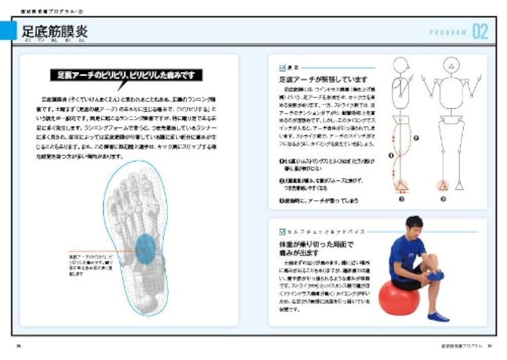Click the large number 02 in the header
[480, 32]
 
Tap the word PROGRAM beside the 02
[448, 32]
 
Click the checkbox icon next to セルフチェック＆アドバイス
[282, 232]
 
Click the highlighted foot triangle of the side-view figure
[401, 186]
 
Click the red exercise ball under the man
[399, 298]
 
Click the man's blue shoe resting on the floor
[438, 316]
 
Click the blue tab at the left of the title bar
[8, 31]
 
